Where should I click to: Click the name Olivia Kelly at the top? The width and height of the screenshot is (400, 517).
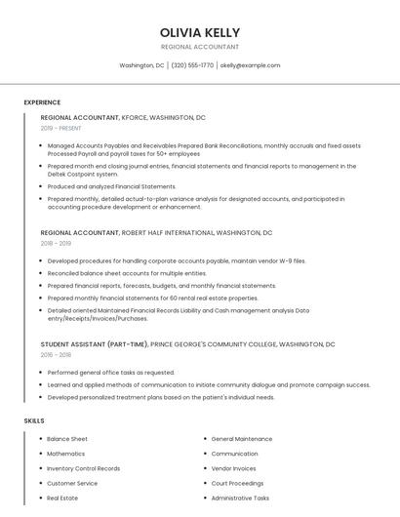pos(199,30)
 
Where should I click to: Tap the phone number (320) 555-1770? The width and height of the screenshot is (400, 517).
pos(192,65)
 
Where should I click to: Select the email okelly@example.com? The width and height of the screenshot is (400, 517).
pos(250,65)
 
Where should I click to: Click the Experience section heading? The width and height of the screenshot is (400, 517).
pos(42,102)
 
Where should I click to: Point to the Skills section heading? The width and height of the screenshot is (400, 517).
pos(34,420)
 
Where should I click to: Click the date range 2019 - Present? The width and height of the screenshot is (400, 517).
pos(61,128)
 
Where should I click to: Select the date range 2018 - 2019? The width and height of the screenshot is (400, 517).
pos(56,244)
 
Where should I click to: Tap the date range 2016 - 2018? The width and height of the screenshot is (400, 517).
pos(56,355)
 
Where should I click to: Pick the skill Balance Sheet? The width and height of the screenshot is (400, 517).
pos(67,439)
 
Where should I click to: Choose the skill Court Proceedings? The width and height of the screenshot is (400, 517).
pos(237,483)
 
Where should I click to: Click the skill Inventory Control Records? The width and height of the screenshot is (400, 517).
pos(84,468)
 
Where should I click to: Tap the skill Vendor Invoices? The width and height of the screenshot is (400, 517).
pos(234,468)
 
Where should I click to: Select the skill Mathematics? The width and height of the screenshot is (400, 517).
pos(66,454)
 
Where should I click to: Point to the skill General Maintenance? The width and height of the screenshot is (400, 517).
pos(242,439)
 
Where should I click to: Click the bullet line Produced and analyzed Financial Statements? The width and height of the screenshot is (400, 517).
pos(111,186)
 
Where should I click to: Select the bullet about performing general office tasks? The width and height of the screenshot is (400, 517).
pos(111,373)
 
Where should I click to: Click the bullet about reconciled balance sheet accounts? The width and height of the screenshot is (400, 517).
pos(113,273)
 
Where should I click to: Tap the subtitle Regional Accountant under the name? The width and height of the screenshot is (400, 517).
pos(199,46)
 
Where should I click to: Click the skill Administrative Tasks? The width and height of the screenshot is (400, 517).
pos(240,497)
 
